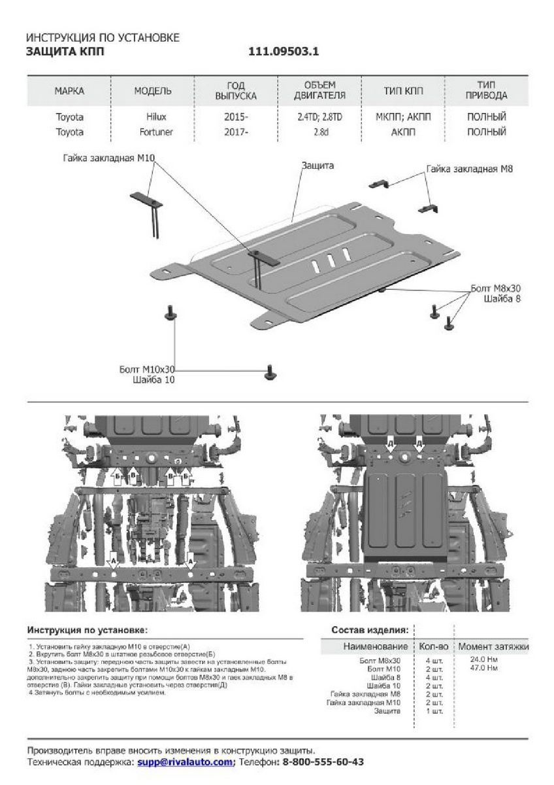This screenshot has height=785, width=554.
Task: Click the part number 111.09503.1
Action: point(284,52)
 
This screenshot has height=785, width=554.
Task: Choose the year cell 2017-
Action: point(236,131)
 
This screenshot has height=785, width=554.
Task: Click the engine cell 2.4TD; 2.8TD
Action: point(319,117)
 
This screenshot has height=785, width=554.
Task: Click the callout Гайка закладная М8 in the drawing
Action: point(468,169)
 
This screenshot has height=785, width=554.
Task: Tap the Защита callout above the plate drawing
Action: point(318,166)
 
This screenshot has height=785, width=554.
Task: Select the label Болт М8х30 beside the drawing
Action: point(495,288)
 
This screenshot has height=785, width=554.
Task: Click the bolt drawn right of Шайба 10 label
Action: point(270,372)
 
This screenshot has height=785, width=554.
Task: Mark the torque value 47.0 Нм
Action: point(484,668)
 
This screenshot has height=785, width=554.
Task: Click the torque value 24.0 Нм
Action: point(484,660)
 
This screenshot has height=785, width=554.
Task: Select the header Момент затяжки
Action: point(493,646)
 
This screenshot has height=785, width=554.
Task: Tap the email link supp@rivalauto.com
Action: point(185,762)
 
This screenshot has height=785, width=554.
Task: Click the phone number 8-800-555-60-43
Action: point(323,762)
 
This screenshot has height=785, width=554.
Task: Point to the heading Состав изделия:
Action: point(369,630)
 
